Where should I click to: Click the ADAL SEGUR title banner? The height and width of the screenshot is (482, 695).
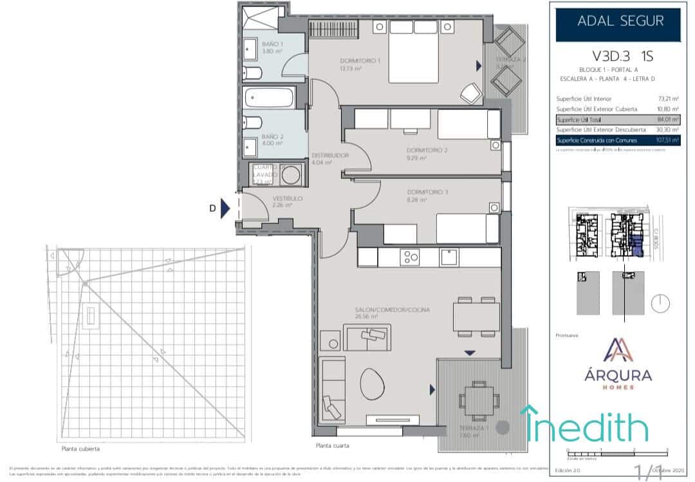620,22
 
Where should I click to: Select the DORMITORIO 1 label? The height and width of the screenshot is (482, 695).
360,61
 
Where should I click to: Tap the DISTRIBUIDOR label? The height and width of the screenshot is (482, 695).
330,156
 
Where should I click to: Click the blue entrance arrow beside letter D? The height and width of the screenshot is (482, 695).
225,209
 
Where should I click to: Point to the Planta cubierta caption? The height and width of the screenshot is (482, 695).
80,449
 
